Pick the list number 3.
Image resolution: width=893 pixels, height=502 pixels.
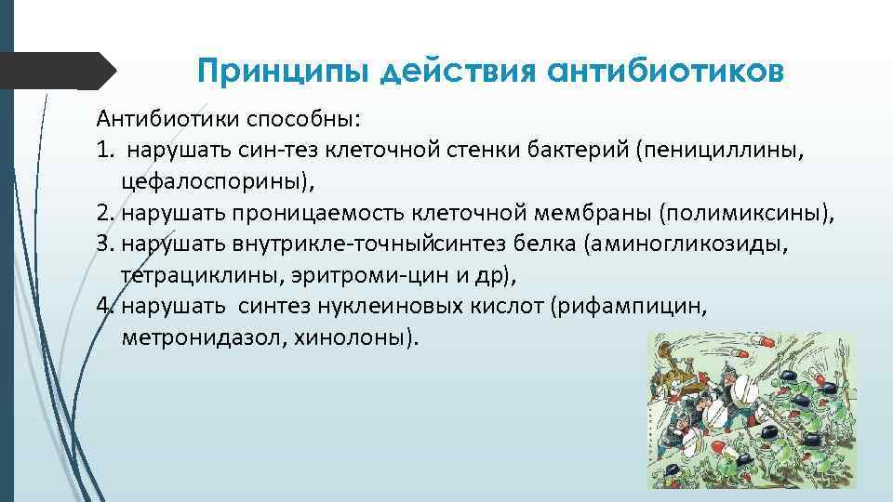[x=102, y=245]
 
